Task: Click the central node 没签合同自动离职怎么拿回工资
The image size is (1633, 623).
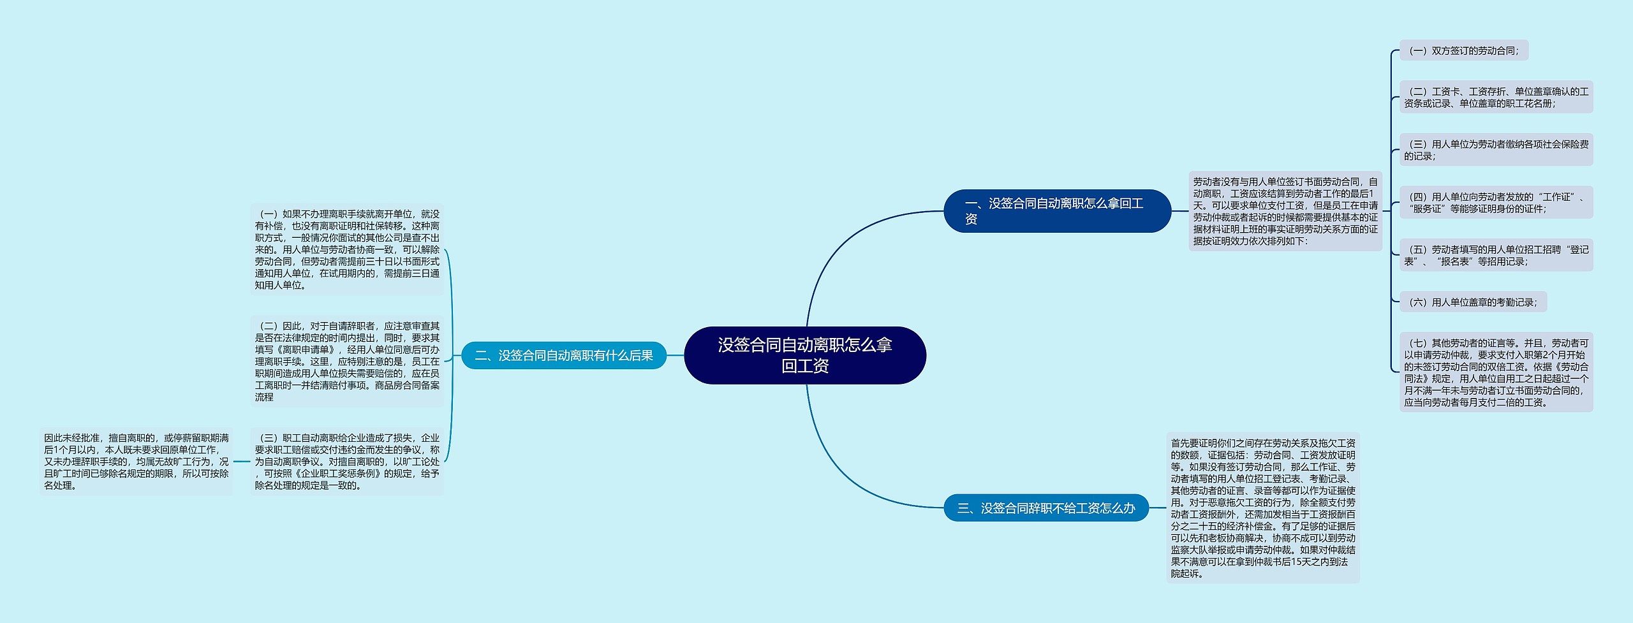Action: [x=804, y=355]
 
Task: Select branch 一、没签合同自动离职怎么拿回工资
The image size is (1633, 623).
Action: [x=1056, y=211]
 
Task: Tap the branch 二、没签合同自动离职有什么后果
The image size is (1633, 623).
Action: [x=563, y=355]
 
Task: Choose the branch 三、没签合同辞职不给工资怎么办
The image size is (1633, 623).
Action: [x=1046, y=508]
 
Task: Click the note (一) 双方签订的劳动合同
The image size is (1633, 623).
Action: [x=1463, y=50]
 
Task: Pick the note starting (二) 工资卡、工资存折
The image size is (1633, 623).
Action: [x=1496, y=97]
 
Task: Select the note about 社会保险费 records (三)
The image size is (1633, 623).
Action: [x=1496, y=150]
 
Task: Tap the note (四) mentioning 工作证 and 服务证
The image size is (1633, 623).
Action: [x=1496, y=202]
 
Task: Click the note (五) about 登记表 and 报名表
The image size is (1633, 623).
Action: [x=1496, y=255]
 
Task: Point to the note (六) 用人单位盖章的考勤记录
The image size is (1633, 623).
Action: [x=1472, y=302]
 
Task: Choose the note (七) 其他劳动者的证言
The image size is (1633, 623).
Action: [x=1496, y=372]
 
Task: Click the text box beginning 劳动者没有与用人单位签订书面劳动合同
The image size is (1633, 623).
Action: [x=1285, y=211]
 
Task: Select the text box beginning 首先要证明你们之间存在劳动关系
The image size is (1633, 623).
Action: [x=1262, y=508]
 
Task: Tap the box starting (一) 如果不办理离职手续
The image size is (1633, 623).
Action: [x=347, y=249]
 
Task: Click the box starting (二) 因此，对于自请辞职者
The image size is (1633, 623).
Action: [x=347, y=361]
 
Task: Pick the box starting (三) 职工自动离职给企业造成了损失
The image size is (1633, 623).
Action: [x=347, y=461]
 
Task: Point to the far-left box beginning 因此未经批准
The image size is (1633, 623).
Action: [x=136, y=461]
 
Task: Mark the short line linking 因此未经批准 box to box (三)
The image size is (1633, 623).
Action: [x=242, y=461]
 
